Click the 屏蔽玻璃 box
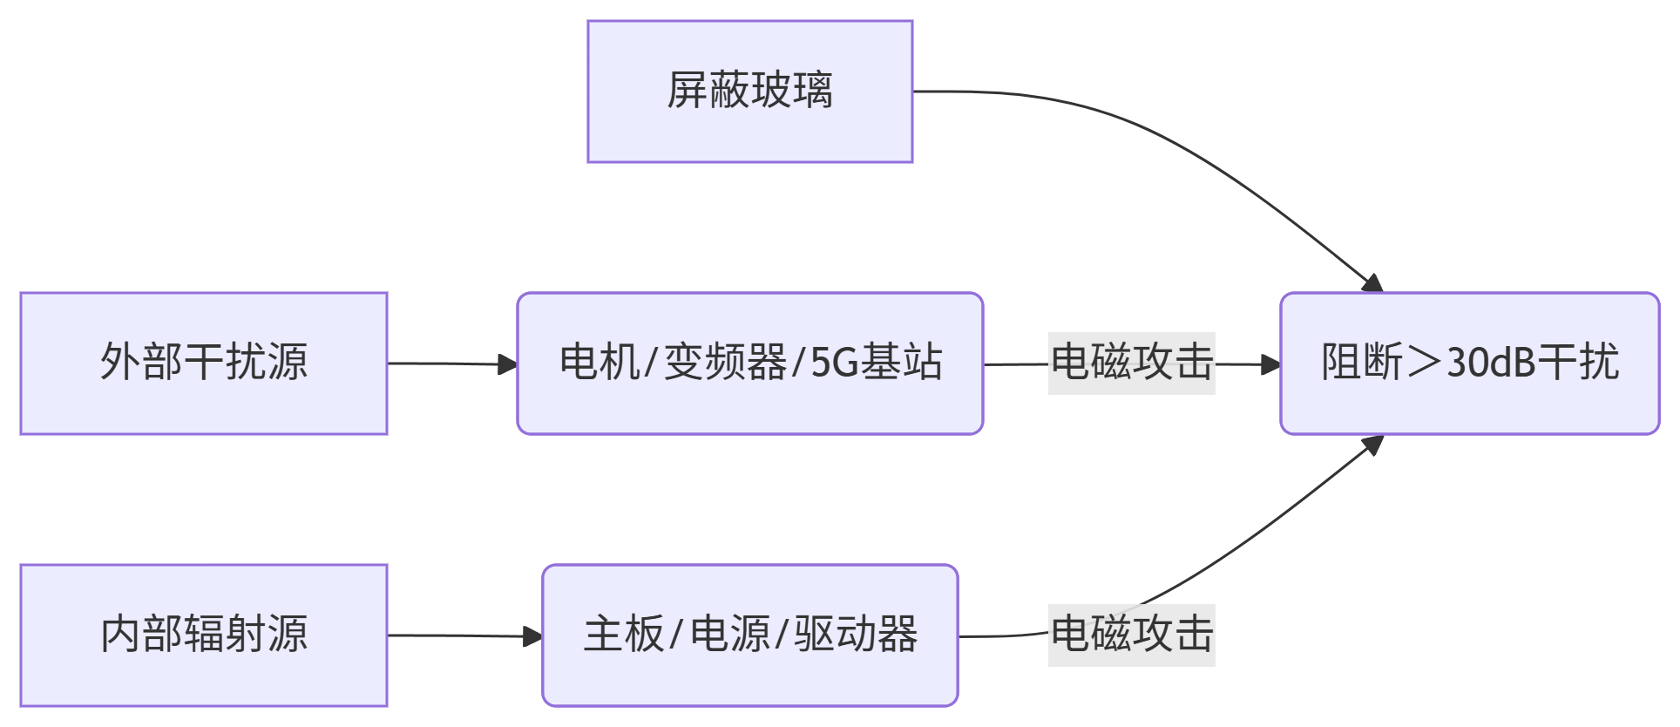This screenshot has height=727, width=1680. (x=749, y=92)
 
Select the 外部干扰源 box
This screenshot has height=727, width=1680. (x=203, y=363)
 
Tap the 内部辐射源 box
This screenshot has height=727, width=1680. (x=203, y=635)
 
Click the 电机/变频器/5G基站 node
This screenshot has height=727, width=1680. (x=749, y=363)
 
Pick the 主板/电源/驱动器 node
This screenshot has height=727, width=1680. (x=749, y=635)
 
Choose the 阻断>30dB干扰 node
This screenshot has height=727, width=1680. (x=1469, y=363)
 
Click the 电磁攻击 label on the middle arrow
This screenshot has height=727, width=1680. (x=1131, y=363)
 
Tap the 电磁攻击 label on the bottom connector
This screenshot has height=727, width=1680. (x=1131, y=635)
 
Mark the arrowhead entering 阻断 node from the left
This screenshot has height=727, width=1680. (x=1270, y=363)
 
